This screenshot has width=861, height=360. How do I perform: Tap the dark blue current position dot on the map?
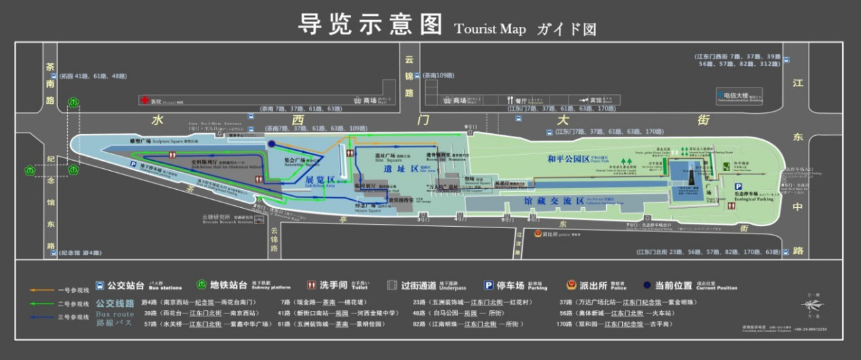(271, 144)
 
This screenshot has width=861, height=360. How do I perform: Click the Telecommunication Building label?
(738, 96)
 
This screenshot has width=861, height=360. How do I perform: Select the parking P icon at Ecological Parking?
(739, 187)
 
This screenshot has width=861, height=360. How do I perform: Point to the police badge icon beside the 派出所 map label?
(537, 233)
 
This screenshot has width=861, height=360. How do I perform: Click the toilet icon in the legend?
(311, 285)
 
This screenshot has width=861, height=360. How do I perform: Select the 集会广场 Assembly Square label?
(293, 161)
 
